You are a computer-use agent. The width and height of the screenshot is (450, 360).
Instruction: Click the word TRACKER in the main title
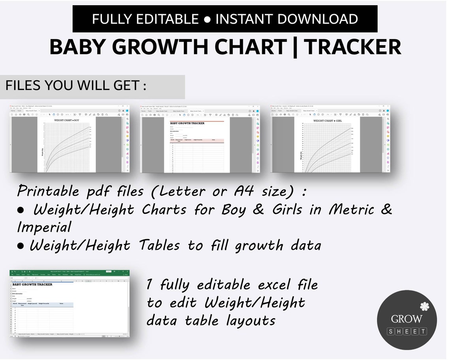352,47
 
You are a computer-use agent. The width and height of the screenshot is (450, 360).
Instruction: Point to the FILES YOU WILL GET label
76,85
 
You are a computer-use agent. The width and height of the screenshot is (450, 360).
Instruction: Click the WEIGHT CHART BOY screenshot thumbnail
69,139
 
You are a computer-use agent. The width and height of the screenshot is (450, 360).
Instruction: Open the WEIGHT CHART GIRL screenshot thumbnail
330,139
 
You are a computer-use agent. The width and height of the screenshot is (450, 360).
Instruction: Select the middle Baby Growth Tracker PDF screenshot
200,139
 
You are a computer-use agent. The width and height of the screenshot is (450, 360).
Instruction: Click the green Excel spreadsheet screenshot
69,304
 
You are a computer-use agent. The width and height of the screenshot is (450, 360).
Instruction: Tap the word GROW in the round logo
407,319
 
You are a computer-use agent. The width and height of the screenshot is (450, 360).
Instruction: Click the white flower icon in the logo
424,306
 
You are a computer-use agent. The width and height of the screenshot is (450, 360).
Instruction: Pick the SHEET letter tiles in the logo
407,332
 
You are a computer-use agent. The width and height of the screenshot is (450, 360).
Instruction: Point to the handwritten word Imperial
44,227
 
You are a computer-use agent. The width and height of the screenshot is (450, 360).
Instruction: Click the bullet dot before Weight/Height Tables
21,246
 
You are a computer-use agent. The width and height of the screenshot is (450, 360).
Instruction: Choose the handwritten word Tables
159,245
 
